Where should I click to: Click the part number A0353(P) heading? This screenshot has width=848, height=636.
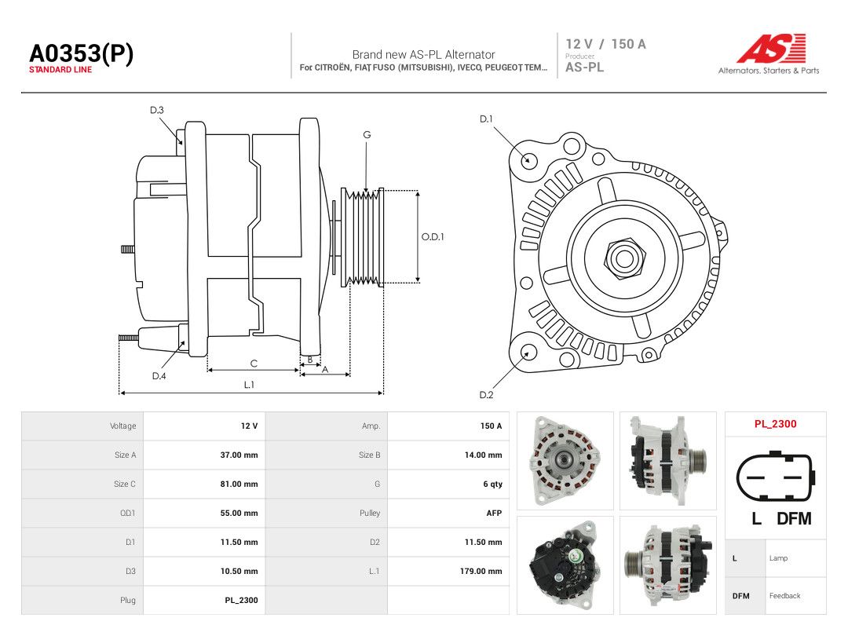coord(81,53)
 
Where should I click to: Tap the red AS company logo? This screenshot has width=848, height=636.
coord(771,48)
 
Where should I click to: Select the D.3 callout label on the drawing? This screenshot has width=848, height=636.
coord(157,111)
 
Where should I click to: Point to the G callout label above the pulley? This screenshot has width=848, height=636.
coord(367,135)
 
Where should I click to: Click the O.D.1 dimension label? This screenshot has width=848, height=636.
coord(433,237)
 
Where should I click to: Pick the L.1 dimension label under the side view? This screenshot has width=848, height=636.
coord(249,385)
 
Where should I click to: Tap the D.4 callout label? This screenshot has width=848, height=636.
coord(159,376)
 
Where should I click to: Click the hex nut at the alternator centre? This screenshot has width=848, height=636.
coord(623,258)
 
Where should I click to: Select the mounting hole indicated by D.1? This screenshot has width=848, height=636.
coord(528,161)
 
